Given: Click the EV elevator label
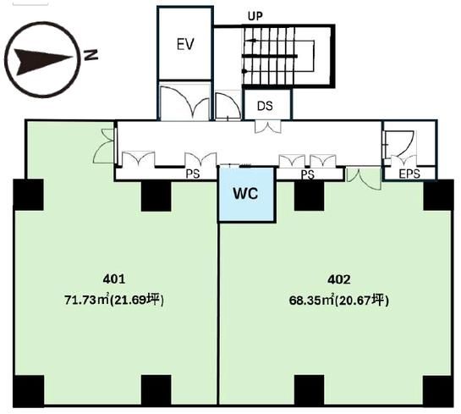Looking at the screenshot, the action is tap(185, 44).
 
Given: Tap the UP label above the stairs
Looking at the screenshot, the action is tap(255, 16).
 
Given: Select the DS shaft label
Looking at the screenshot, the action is tap(265, 106).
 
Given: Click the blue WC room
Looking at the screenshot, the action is tap(246, 194).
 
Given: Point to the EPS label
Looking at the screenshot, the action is tap(409, 174).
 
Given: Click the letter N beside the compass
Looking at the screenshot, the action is tap(91, 55).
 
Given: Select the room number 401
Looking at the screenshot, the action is tap(114, 279).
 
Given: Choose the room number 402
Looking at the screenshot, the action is tap(339, 279).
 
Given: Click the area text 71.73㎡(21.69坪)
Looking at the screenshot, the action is tap(114, 300).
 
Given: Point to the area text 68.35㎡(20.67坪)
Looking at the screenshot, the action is tap(339, 301).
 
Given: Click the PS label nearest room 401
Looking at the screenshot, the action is tap(193, 174).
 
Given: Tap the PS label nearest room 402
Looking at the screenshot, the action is tap(308, 174).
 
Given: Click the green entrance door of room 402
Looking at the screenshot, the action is tap(364, 178).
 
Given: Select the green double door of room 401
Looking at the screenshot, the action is tap(103, 146).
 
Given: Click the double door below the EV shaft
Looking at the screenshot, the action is tap(185, 102).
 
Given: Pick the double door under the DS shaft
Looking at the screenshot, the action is tap(267, 127).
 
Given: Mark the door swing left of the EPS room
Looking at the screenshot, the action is tap(400, 144).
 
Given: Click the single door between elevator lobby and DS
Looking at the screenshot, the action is tap(228, 106).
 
